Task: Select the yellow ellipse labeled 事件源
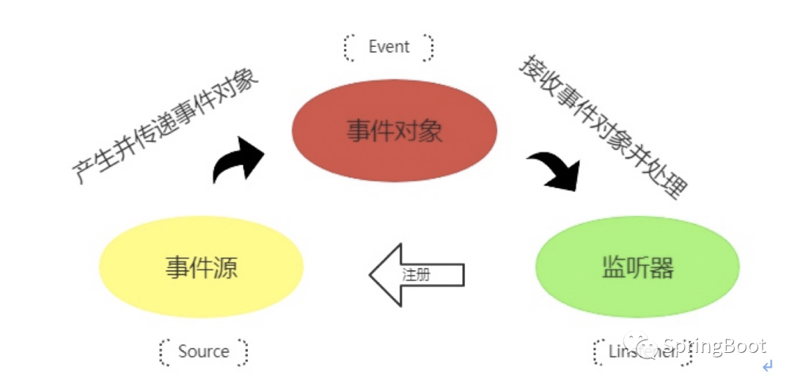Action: [x=201, y=267]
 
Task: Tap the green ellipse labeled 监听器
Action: [x=637, y=267]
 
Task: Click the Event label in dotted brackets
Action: [x=389, y=47]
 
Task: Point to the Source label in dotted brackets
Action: [x=204, y=352]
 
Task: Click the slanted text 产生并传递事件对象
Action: [x=167, y=126]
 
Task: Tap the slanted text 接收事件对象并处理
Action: [x=603, y=126]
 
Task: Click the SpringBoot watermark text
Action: [x=714, y=346]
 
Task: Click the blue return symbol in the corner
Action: [x=767, y=365]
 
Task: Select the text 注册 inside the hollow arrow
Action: [x=416, y=275]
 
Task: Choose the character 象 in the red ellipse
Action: [x=430, y=131]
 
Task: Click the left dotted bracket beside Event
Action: [x=348, y=47]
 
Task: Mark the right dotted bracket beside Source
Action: [x=243, y=352]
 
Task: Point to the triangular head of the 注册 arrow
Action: [x=385, y=275]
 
